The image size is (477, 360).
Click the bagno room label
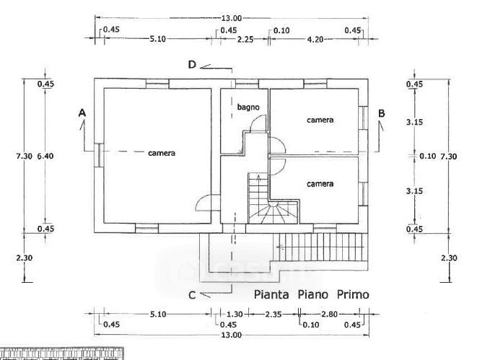click(248, 107)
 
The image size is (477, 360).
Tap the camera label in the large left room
click(162, 153)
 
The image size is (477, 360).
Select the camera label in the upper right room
click(320, 120)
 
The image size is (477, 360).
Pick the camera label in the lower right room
click(320, 184)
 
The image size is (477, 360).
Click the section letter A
click(82, 113)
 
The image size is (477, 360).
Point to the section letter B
click(382, 113)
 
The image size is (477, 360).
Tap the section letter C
click(192, 294)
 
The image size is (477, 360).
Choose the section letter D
click(192, 65)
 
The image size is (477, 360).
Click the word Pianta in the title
click(273, 294)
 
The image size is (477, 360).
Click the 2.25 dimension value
click(245, 39)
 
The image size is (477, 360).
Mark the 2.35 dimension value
click(273, 315)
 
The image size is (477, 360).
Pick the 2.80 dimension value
click(329, 315)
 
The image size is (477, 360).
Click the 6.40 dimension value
click(45, 155)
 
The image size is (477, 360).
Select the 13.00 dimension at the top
click(232, 17)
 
